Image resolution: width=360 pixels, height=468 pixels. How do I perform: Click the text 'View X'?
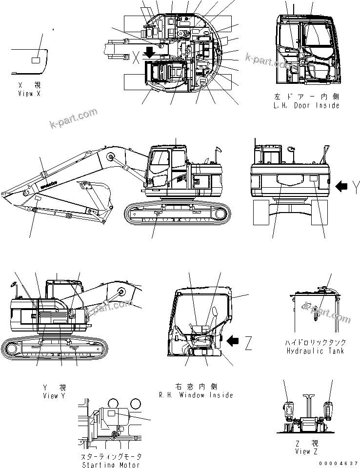29,93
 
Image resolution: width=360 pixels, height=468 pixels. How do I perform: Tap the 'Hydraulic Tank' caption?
315,351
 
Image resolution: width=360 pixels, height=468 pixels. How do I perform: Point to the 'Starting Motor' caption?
112,465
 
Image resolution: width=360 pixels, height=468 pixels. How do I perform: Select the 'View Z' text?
306,451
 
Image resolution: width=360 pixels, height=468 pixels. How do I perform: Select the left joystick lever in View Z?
288,409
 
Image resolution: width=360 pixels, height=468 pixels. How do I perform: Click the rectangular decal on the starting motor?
112,413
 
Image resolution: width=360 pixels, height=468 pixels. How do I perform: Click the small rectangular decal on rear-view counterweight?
313,179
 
